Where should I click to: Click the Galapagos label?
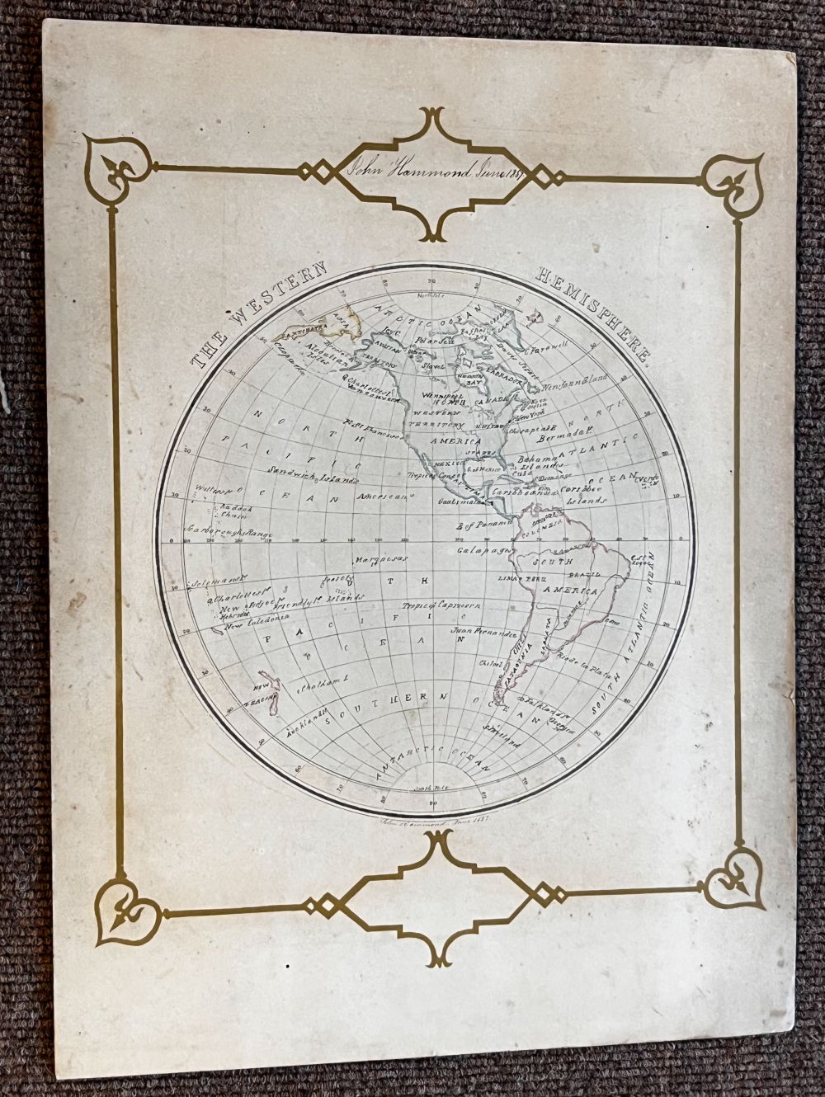(x=481, y=549)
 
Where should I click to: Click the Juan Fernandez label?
(x=484, y=633)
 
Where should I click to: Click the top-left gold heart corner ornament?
(x=116, y=164)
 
